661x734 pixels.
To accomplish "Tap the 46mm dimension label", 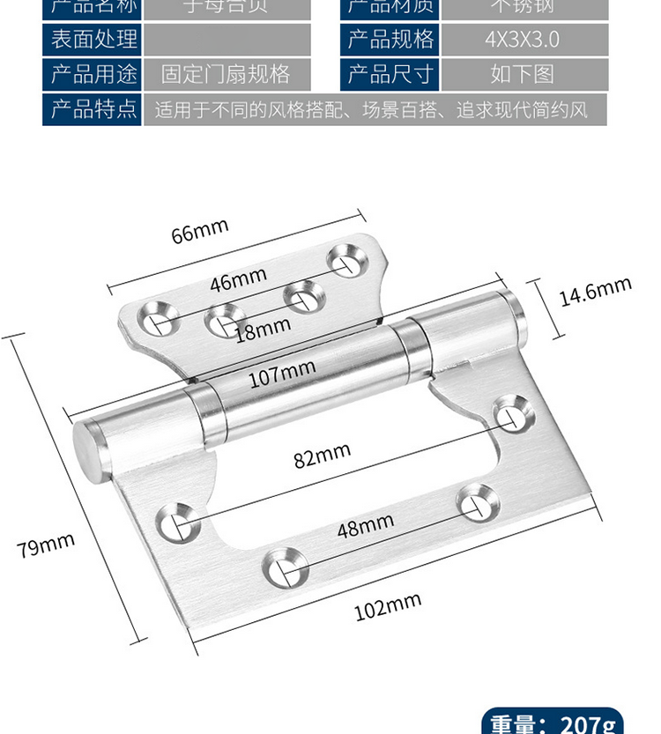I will tap(238, 280).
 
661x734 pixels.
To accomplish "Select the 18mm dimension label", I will tap(263, 328).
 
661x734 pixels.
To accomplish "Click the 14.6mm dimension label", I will tap(596, 291).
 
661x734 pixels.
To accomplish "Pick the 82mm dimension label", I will tap(323, 456).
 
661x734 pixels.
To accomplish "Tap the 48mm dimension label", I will tap(365, 527).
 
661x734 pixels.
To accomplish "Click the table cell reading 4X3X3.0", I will tap(522, 40).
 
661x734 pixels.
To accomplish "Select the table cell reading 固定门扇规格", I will tap(226, 74).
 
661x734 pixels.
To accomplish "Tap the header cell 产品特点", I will tap(93, 109).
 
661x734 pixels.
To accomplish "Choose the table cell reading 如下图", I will tap(522, 74).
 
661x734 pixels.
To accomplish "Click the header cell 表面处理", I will tap(93, 40).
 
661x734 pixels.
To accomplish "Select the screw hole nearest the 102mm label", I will tap(284, 568).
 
